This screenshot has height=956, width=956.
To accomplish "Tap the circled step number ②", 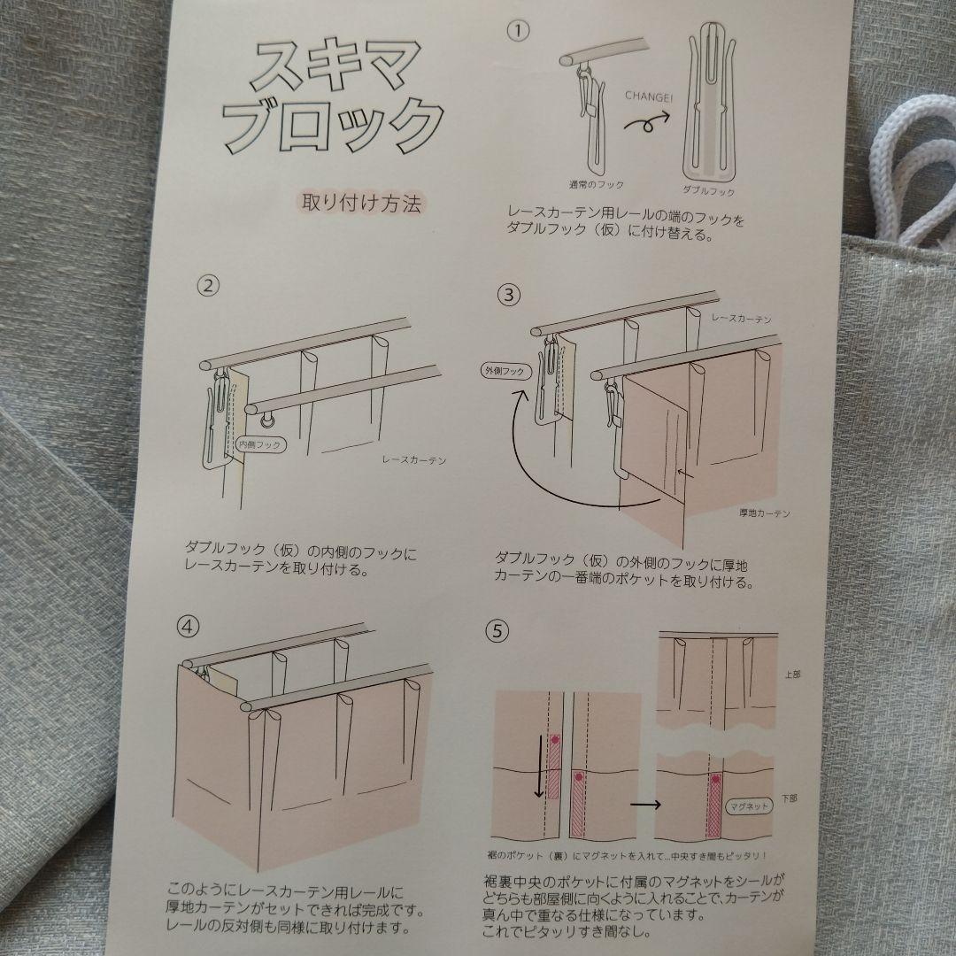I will point(206,286).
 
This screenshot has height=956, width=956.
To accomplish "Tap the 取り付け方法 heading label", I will point(361,202).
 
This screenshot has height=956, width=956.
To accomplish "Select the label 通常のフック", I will point(596,184).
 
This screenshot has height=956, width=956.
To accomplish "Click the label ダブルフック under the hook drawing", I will point(708,189).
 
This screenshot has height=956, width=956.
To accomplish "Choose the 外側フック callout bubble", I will point(505,372).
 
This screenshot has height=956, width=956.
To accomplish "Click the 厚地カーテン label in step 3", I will point(764,513).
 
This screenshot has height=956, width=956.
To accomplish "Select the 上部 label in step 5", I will point(790,675).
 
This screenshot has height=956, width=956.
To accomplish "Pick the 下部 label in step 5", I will point(790,798).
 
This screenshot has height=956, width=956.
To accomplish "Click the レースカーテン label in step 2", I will point(412,460).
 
